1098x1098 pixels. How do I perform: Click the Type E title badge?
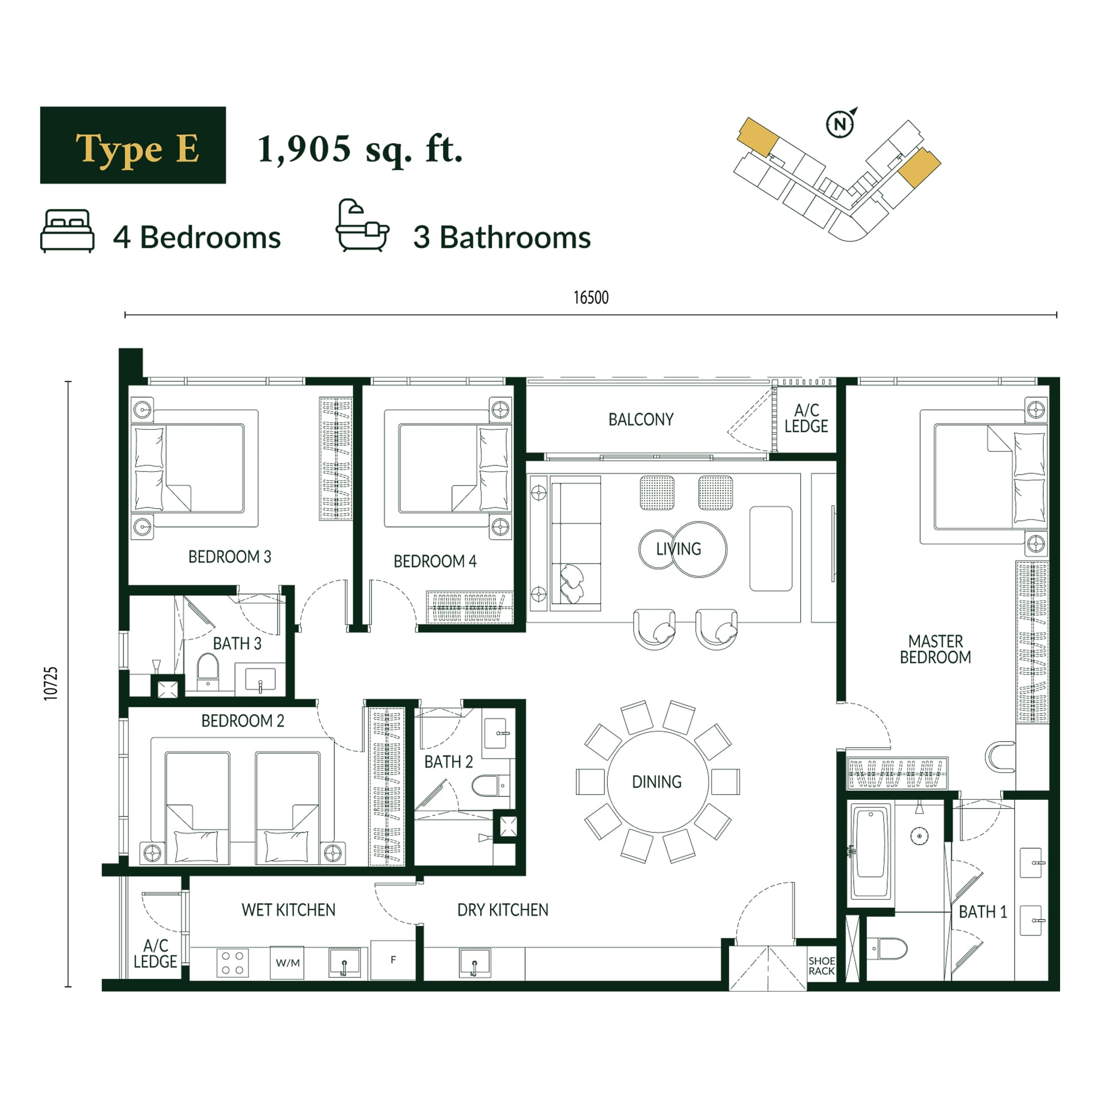[x=133, y=145]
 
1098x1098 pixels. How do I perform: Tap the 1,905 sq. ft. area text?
[x=360, y=149]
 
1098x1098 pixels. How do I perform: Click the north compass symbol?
[x=841, y=123]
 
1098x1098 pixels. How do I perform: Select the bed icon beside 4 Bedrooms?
[x=67, y=230]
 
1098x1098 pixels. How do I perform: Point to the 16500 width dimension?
[x=591, y=298]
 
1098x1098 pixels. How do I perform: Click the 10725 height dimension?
[x=51, y=683]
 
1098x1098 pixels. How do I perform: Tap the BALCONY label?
[x=641, y=419]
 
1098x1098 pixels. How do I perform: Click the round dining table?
[x=657, y=781]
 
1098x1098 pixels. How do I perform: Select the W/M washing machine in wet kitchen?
[x=287, y=962]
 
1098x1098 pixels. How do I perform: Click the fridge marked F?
[x=393, y=960]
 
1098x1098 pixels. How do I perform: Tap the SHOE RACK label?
[x=822, y=966]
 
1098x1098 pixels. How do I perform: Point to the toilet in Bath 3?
[x=207, y=670]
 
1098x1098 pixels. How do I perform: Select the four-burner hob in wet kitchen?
[x=233, y=963]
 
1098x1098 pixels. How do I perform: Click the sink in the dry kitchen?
[x=475, y=963]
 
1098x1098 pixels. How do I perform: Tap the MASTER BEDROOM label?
[x=935, y=649]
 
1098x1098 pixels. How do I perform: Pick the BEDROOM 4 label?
[x=435, y=561]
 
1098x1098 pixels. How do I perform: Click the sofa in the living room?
[x=566, y=543]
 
